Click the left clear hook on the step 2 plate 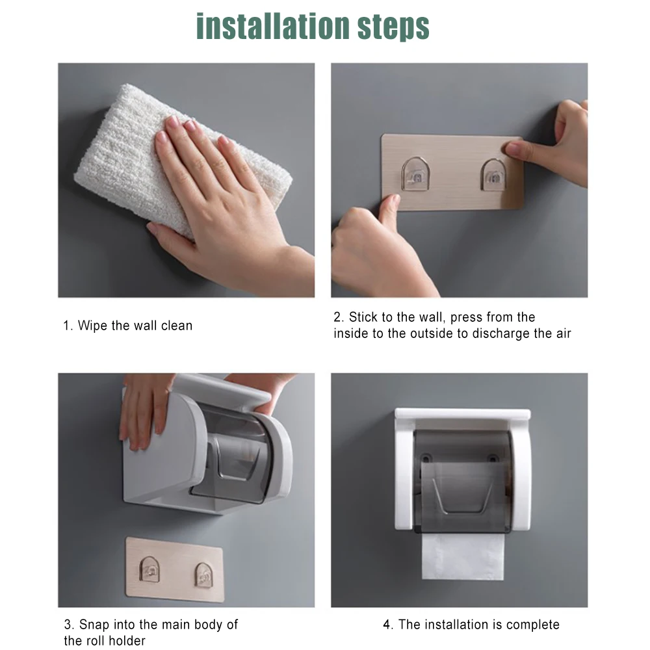pos(415,174)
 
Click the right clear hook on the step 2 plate pos(493,174)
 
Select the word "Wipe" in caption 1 pos(92,326)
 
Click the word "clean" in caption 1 pos(177,326)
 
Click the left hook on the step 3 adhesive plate pos(149,569)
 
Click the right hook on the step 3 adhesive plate pos(203,575)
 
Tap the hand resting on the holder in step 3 pos(143,410)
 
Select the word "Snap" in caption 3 pos(94,624)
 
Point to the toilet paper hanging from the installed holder pos(463,556)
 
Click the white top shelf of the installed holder pos(463,413)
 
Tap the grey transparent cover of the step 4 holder pos(463,481)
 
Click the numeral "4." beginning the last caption pos(388,625)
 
